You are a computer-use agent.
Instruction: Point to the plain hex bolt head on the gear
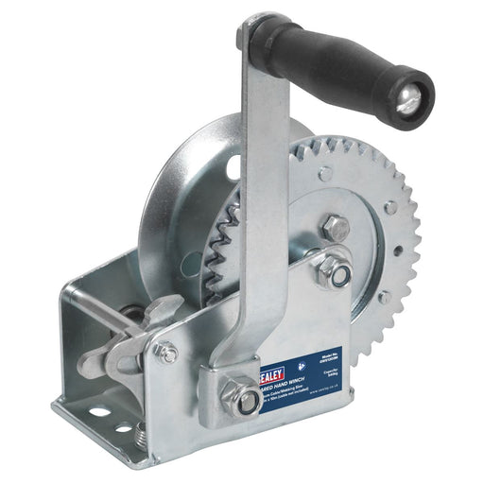click(336, 227)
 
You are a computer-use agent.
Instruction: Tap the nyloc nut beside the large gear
click(336, 272)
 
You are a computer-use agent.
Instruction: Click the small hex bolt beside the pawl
click(166, 353)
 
